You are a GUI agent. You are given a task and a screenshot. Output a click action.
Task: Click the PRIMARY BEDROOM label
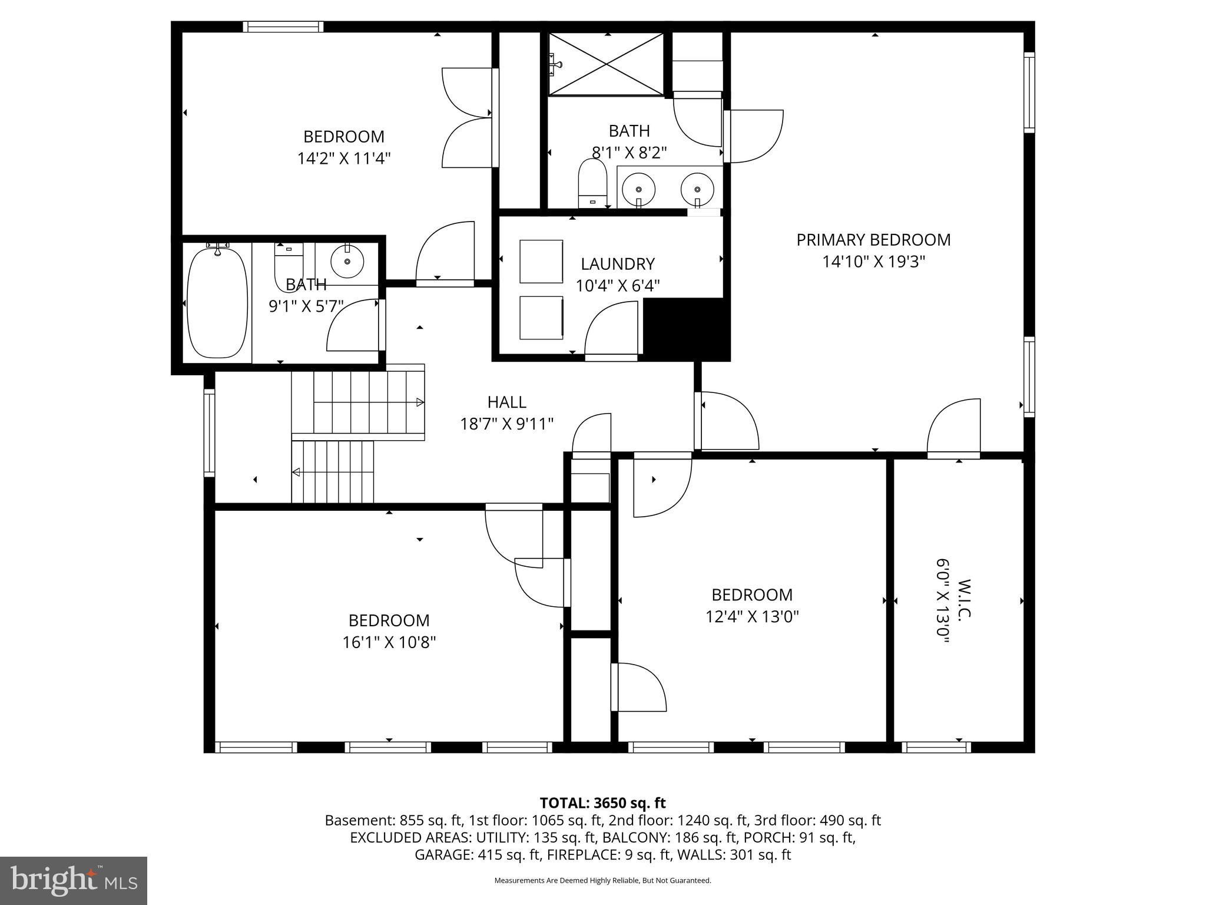(873, 240)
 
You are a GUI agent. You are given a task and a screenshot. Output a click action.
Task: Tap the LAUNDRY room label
(617, 263)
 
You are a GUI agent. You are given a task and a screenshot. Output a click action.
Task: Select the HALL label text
(506, 402)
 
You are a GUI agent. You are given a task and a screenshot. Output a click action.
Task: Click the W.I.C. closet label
(963, 599)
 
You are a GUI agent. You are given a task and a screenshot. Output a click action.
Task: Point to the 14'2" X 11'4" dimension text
(344, 158)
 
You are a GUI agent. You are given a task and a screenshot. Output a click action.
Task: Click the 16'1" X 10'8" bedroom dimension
(389, 642)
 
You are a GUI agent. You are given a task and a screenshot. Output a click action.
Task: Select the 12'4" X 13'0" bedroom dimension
(752, 617)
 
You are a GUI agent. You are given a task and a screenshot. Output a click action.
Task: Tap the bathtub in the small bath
(217, 303)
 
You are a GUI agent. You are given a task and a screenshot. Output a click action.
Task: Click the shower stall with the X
(606, 64)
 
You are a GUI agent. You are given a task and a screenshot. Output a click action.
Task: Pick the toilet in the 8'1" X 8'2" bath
(592, 181)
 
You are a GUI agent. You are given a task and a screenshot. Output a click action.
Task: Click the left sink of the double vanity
(638, 189)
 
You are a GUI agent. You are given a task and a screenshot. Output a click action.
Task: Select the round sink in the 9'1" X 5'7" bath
(347, 262)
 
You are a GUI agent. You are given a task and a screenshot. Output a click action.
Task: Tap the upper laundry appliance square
(541, 261)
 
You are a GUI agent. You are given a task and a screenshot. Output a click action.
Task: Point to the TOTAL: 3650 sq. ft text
(602, 803)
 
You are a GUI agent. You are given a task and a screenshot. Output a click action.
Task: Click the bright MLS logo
(74, 880)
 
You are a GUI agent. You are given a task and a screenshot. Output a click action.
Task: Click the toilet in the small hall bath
(288, 264)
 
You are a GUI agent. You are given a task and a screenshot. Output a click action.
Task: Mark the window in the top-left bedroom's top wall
(283, 27)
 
